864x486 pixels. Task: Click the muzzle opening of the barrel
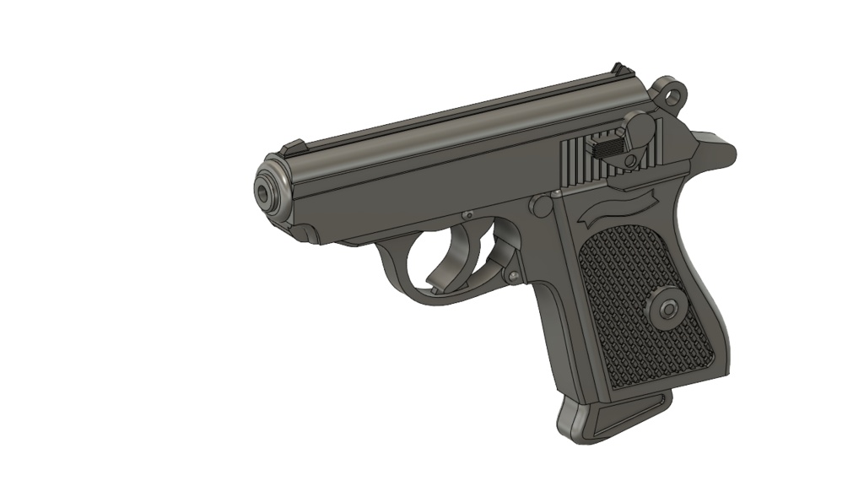[x=267, y=193]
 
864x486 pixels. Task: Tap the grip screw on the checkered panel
[x=667, y=308]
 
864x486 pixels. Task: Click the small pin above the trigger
[x=465, y=213]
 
